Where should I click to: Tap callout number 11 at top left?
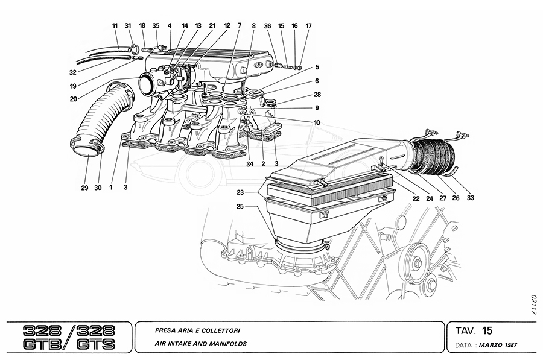pos(115,26)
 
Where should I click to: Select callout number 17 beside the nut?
pos(308,26)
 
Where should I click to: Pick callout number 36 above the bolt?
pos(268,26)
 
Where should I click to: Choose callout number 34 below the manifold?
pos(249,163)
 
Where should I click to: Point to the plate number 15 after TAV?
pos(487,330)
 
